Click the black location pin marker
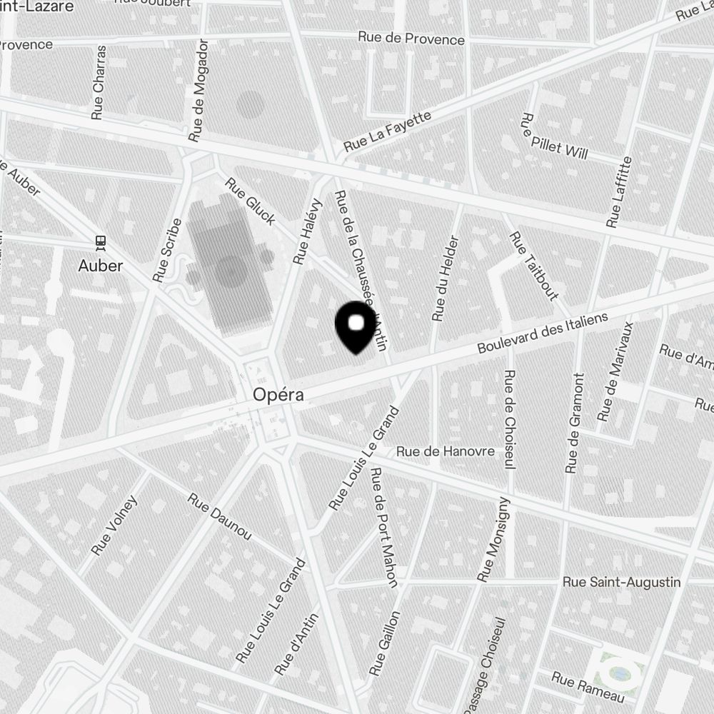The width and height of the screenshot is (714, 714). (356, 327)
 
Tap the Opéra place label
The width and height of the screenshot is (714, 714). (278, 395)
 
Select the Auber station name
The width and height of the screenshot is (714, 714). (101, 266)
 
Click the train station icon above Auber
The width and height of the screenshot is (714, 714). (101, 242)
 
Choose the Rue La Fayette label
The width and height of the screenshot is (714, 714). (388, 131)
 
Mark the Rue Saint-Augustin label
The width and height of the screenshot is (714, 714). (621, 582)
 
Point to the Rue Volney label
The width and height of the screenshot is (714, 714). (114, 525)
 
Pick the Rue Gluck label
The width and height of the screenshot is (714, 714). (250, 201)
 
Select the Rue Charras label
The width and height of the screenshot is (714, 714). (99, 82)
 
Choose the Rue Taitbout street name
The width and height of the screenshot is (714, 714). (533, 266)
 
